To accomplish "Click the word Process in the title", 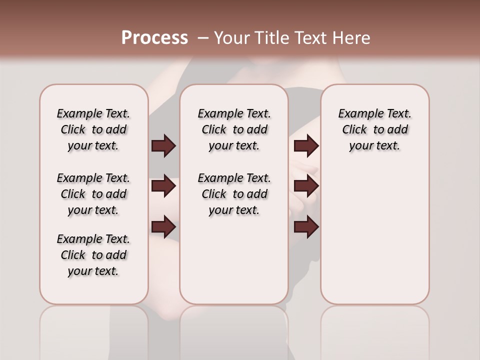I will pyautogui.click(x=154, y=38).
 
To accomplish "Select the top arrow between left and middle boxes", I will pyautogui.click(x=163, y=146).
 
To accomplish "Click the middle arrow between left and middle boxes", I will pyautogui.click(x=163, y=186).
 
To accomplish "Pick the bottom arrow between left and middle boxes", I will pyautogui.click(x=163, y=227).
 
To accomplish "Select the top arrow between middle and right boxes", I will pyautogui.click(x=306, y=146).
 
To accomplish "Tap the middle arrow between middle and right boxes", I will pyautogui.click(x=306, y=186).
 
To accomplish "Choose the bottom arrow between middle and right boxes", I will pyautogui.click(x=306, y=227).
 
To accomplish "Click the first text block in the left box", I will pyautogui.click(x=93, y=129).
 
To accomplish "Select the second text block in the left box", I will pyautogui.click(x=93, y=194).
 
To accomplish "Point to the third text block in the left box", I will pyautogui.click(x=93, y=255).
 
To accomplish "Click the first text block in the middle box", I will pyautogui.click(x=234, y=129).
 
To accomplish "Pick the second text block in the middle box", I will pyautogui.click(x=234, y=194).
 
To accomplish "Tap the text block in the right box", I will pyautogui.click(x=374, y=129).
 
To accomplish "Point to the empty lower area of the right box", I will pyautogui.click(x=374, y=230).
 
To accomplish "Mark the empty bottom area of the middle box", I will pyautogui.click(x=234, y=265).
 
